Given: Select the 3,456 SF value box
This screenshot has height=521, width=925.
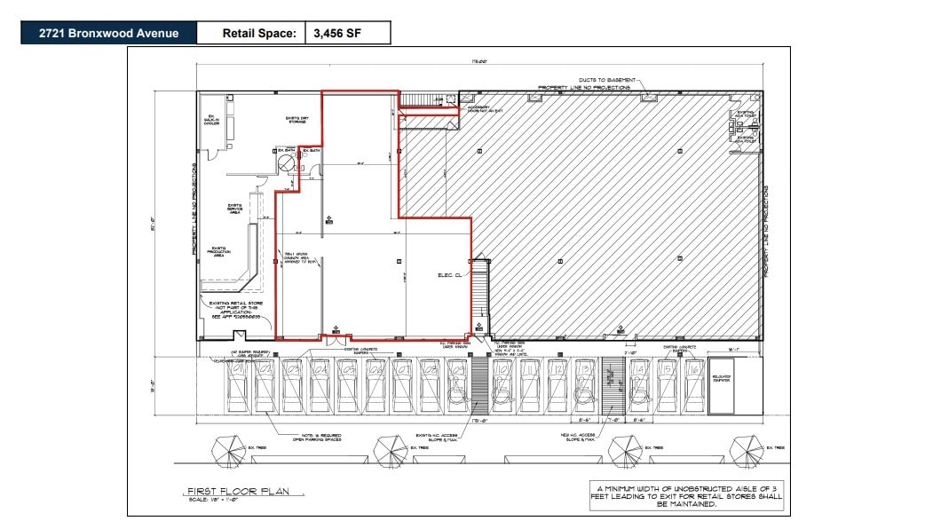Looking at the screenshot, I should click(347, 34).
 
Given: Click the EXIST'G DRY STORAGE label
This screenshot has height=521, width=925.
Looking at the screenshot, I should click(296, 119).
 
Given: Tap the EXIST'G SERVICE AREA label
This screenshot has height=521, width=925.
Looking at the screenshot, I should click(236, 209).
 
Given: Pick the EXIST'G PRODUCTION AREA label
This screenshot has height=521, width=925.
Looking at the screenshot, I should click(219, 251).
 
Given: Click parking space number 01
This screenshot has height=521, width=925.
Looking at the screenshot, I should click(237, 366).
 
